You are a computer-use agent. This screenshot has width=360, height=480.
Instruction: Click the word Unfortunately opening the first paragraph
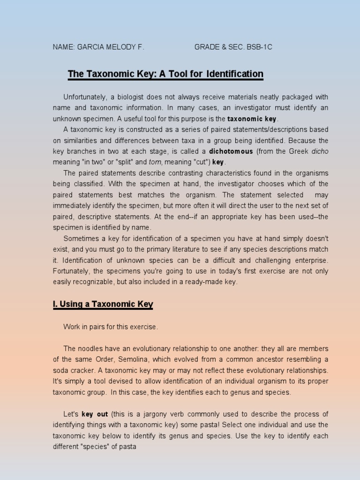click(85, 97)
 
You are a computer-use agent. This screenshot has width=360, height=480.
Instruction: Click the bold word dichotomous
click(231, 151)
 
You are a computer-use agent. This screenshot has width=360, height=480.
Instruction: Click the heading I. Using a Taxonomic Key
click(103, 304)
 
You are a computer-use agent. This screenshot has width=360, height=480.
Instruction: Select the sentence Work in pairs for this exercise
click(111, 327)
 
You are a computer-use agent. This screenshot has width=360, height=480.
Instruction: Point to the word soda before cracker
click(60, 370)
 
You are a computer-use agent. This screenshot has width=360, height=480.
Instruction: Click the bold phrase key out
click(95, 414)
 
